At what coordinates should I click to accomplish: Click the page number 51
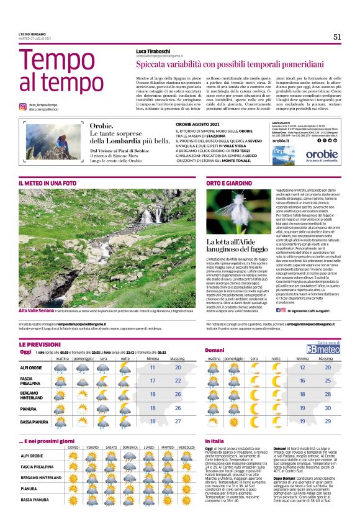tap(337, 37)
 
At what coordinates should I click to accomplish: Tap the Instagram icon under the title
tap(23, 107)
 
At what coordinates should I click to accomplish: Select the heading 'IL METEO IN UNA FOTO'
tap(47, 184)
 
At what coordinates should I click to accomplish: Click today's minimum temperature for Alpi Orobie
tap(153, 367)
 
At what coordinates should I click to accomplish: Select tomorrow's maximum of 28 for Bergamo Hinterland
tap(327, 394)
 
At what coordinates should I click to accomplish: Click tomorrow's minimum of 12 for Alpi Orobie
tap(302, 367)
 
